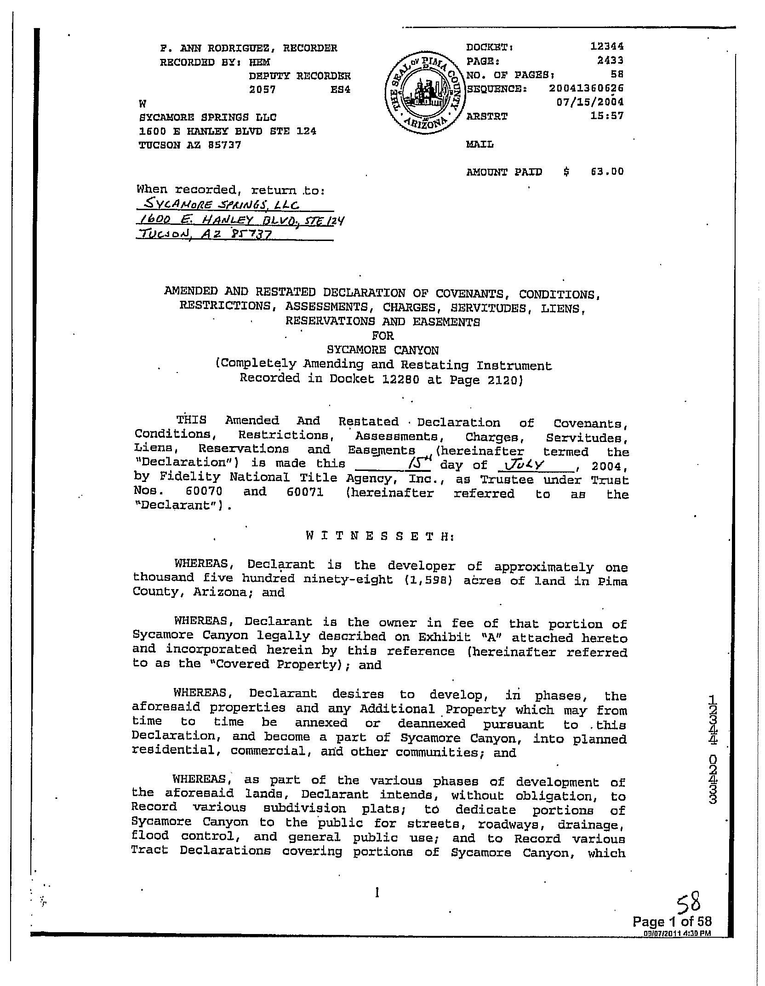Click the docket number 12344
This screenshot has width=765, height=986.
pos(607,47)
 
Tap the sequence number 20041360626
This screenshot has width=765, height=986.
pos(586,88)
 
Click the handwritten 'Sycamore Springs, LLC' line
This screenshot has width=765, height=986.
pos(222,205)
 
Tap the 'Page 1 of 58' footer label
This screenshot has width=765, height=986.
pos(672,921)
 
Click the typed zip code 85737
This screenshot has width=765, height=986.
pos(225,145)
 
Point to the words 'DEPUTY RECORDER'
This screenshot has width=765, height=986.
pos(300,76)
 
